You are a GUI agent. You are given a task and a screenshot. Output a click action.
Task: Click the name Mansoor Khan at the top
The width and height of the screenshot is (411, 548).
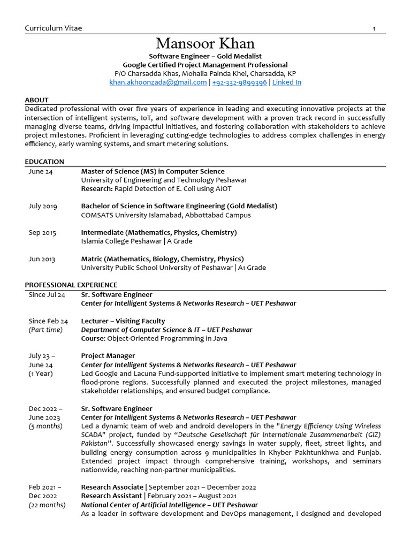(205, 43)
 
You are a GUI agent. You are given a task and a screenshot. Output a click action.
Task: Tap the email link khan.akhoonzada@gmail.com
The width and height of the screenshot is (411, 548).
(158, 82)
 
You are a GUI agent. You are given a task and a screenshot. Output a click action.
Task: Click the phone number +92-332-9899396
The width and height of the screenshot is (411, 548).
(239, 82)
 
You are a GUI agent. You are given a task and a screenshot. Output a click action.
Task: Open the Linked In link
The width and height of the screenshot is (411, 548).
(287, 82)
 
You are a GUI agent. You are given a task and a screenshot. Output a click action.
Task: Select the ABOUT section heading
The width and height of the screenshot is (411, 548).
(36, 100)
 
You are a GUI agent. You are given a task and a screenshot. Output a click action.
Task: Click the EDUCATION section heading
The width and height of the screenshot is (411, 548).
(44, 162)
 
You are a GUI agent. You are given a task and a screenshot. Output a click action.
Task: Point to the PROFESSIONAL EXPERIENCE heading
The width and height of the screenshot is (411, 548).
(71, 285)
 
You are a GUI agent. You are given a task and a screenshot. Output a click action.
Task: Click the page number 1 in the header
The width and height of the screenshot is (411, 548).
(374, 28)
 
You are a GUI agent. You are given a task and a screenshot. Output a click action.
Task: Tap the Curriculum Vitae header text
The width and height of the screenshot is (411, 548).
(54, 28)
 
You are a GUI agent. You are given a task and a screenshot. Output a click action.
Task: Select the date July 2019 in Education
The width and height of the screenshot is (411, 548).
(43, 206)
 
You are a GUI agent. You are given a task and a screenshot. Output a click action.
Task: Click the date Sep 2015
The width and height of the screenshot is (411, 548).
(42, 233)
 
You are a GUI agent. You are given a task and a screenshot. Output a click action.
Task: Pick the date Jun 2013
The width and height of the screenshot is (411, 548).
(42, 259)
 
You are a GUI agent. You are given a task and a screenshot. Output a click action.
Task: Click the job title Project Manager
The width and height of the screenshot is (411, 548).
(108, 356)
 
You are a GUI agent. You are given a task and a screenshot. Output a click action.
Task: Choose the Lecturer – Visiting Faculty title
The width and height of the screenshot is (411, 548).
(123, 321)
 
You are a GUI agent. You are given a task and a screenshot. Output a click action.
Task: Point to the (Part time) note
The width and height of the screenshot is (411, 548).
(45, 330)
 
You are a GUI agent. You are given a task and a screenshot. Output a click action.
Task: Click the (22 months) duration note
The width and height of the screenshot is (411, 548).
(47, 505)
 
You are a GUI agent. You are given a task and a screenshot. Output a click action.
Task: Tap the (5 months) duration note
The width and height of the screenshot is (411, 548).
(45, 426)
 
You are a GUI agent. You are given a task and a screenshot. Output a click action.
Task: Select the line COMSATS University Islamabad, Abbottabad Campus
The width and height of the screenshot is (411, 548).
(166, 215)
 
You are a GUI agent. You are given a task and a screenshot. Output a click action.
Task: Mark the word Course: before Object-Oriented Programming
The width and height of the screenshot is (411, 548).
(93, 339)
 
